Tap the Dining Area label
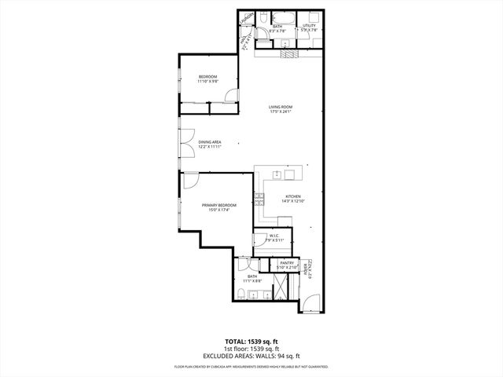click(209, 142)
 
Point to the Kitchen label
click(292, 196)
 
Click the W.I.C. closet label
click(274, 235)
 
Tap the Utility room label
click(309, 26)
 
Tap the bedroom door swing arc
click(229, 96)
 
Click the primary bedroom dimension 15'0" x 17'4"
click(214, 210)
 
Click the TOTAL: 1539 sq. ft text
click(252, 342)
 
